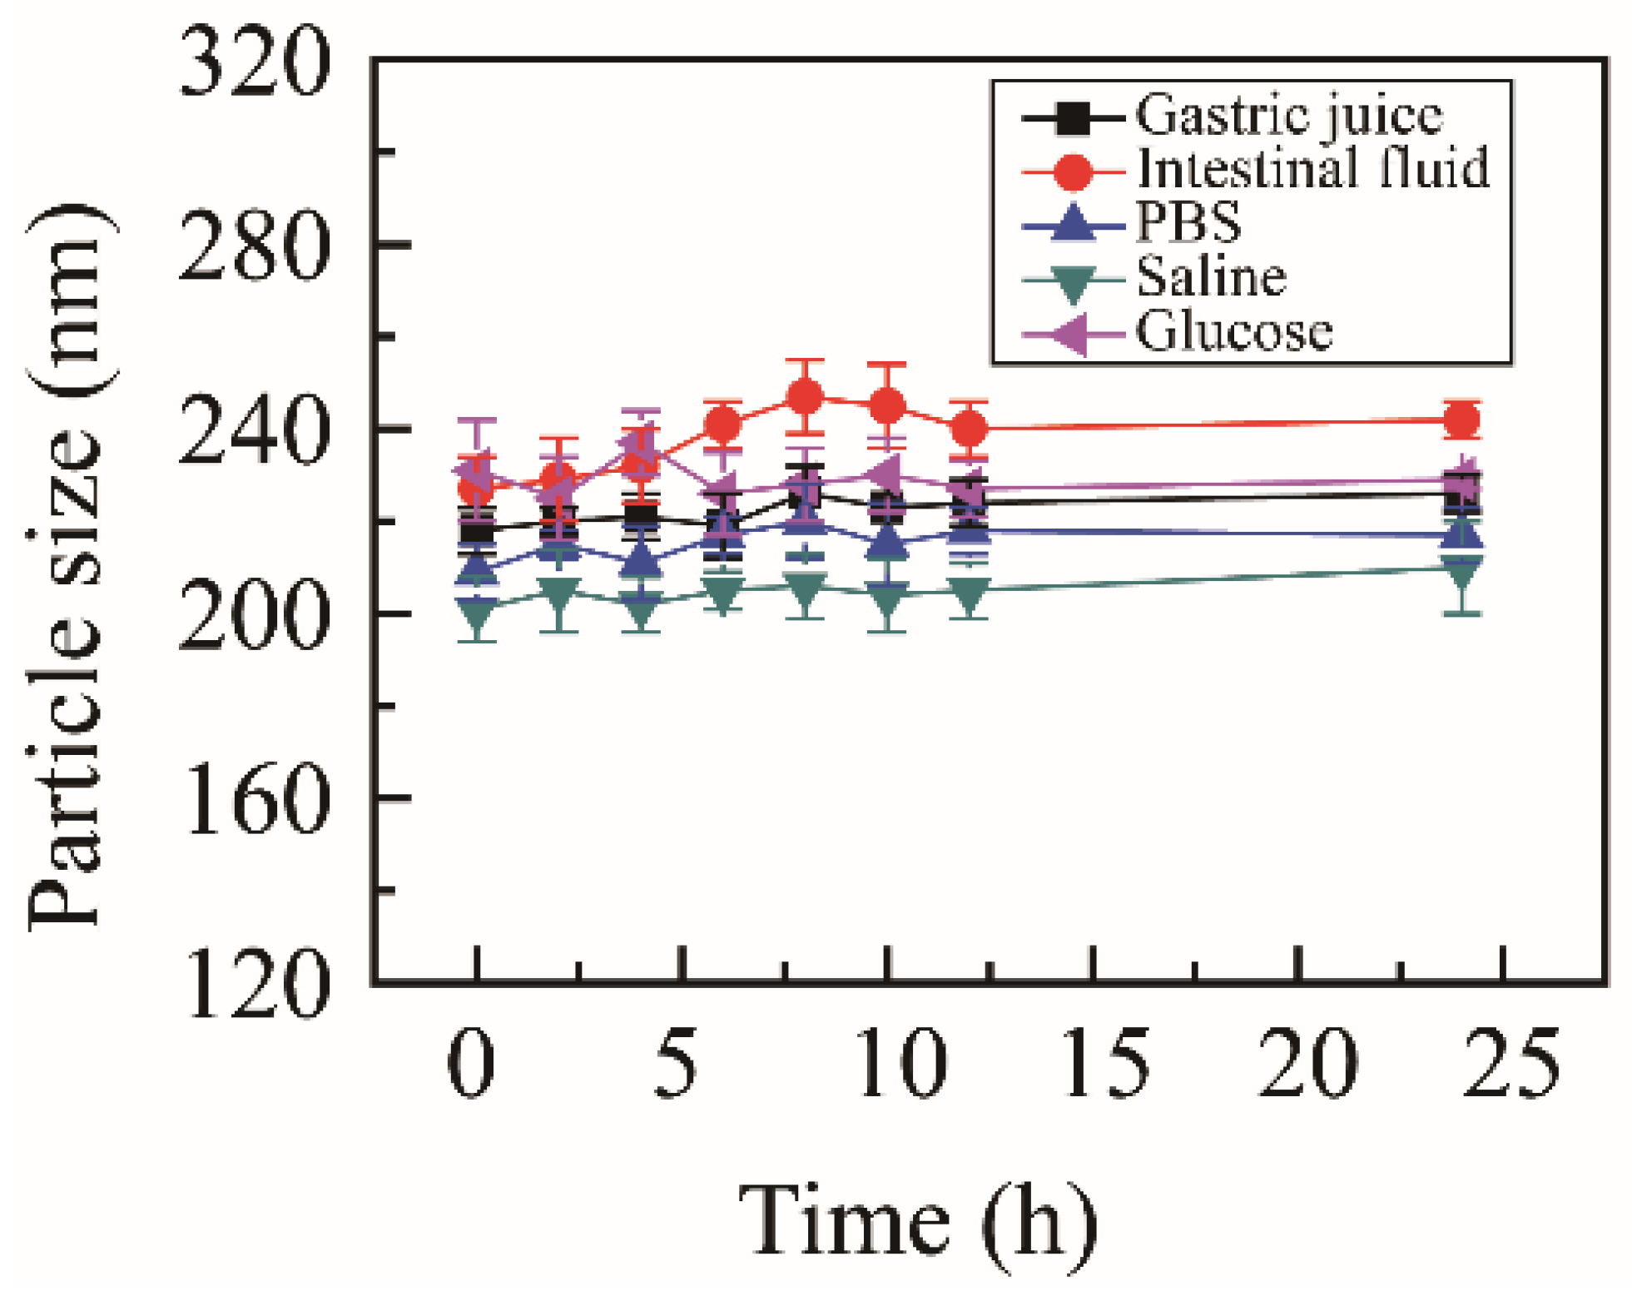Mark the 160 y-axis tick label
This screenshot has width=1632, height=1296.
click(254, 801)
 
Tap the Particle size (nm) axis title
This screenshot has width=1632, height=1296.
click(67, 566)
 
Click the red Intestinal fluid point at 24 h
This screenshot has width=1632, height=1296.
click(1461, 420)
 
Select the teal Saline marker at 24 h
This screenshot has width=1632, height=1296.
click(1461, 573)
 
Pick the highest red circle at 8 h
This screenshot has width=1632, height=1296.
click(804, 397)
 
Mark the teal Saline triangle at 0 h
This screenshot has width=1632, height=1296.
click(476, 614)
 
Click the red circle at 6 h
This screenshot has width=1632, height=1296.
click(722, 425)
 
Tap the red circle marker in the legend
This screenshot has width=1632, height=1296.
click(1074, 171)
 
